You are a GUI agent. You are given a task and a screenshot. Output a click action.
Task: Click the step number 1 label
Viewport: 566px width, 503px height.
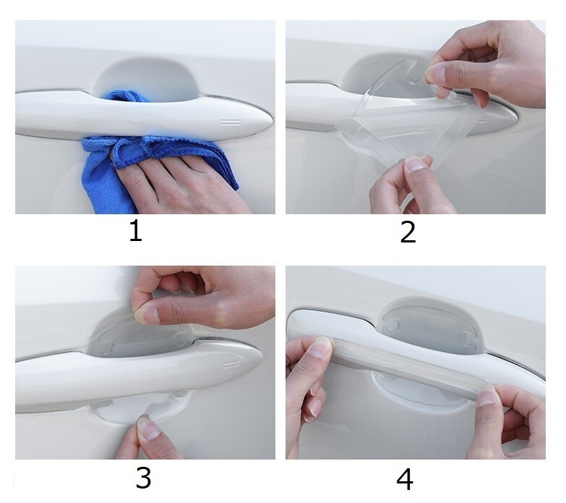coord(136,232)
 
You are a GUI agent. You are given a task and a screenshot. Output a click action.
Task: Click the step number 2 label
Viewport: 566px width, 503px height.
coord(408,232)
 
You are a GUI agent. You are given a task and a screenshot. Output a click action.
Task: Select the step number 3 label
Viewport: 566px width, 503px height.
coord(143,478)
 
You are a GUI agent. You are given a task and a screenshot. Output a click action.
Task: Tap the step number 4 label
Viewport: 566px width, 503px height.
coord(405,478)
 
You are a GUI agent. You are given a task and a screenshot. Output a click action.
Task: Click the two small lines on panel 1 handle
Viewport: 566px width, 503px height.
coord(231,122)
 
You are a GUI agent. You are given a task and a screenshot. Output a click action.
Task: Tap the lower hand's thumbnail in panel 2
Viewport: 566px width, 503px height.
coord(416,164)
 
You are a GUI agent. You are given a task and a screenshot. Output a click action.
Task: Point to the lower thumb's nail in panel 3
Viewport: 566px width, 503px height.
coord(148,429)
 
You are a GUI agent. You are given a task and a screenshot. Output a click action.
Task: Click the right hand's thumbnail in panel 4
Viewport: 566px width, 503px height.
coord(486,397)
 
